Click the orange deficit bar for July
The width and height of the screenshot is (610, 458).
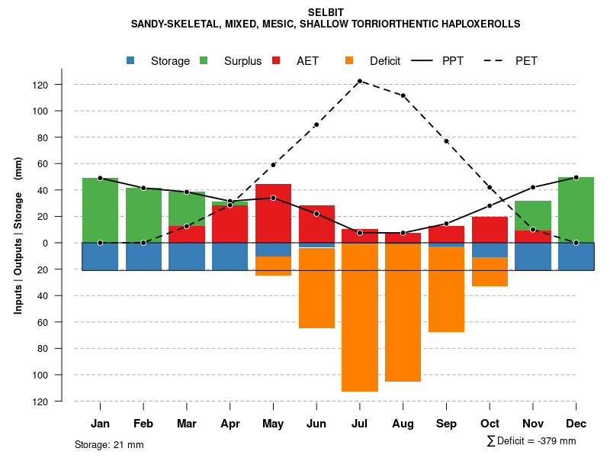pyautogui.click(x=360, y=318)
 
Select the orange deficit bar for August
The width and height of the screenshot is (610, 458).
pyautogui.click(x=403, y=313)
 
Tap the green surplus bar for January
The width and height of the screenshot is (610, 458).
pyautogui.click(x=100, y=210)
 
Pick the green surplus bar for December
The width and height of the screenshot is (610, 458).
pyautogui.click(x=576, y=210)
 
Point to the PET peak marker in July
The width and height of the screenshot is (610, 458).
pyautogui.click(x=360, y=81)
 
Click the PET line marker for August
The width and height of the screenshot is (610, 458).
pyautogui.click(x=403, y=95)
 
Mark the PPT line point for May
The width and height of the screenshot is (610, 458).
pyautogui.click(x=273, y=198)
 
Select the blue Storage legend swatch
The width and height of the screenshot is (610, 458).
pyautogui.click(x=131, y=60)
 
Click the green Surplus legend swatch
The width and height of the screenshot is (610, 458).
pyautogui.click(x=204, y=60)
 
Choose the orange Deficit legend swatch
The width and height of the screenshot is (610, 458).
pyautogui.click(x=349, y=60)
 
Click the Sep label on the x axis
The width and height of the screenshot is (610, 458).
pyautogui.click(x=447, y=424)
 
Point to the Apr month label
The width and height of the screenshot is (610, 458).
pyautogui.click(x=230, y=424)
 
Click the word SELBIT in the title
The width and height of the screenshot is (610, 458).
pyautogui.click(x=326, y=12)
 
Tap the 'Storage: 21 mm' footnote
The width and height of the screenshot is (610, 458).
pyautogui.click(x=109, y=444)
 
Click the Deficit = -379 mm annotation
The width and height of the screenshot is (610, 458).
pyautogui.click(x=531, y=441)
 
